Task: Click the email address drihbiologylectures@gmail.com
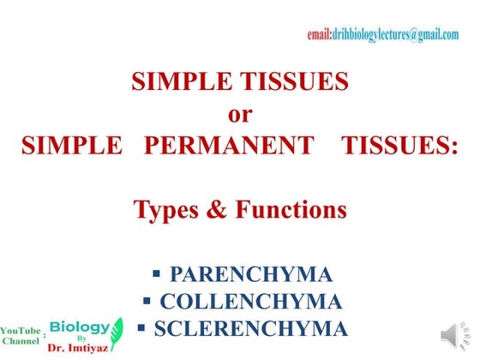coord(382,34)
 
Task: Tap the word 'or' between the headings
coord(240,113)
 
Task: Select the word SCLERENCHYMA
coord(251,328)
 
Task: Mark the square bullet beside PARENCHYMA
coord(157,274)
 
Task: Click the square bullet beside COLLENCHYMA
coord(147,301)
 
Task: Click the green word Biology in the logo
coord(80,327)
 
